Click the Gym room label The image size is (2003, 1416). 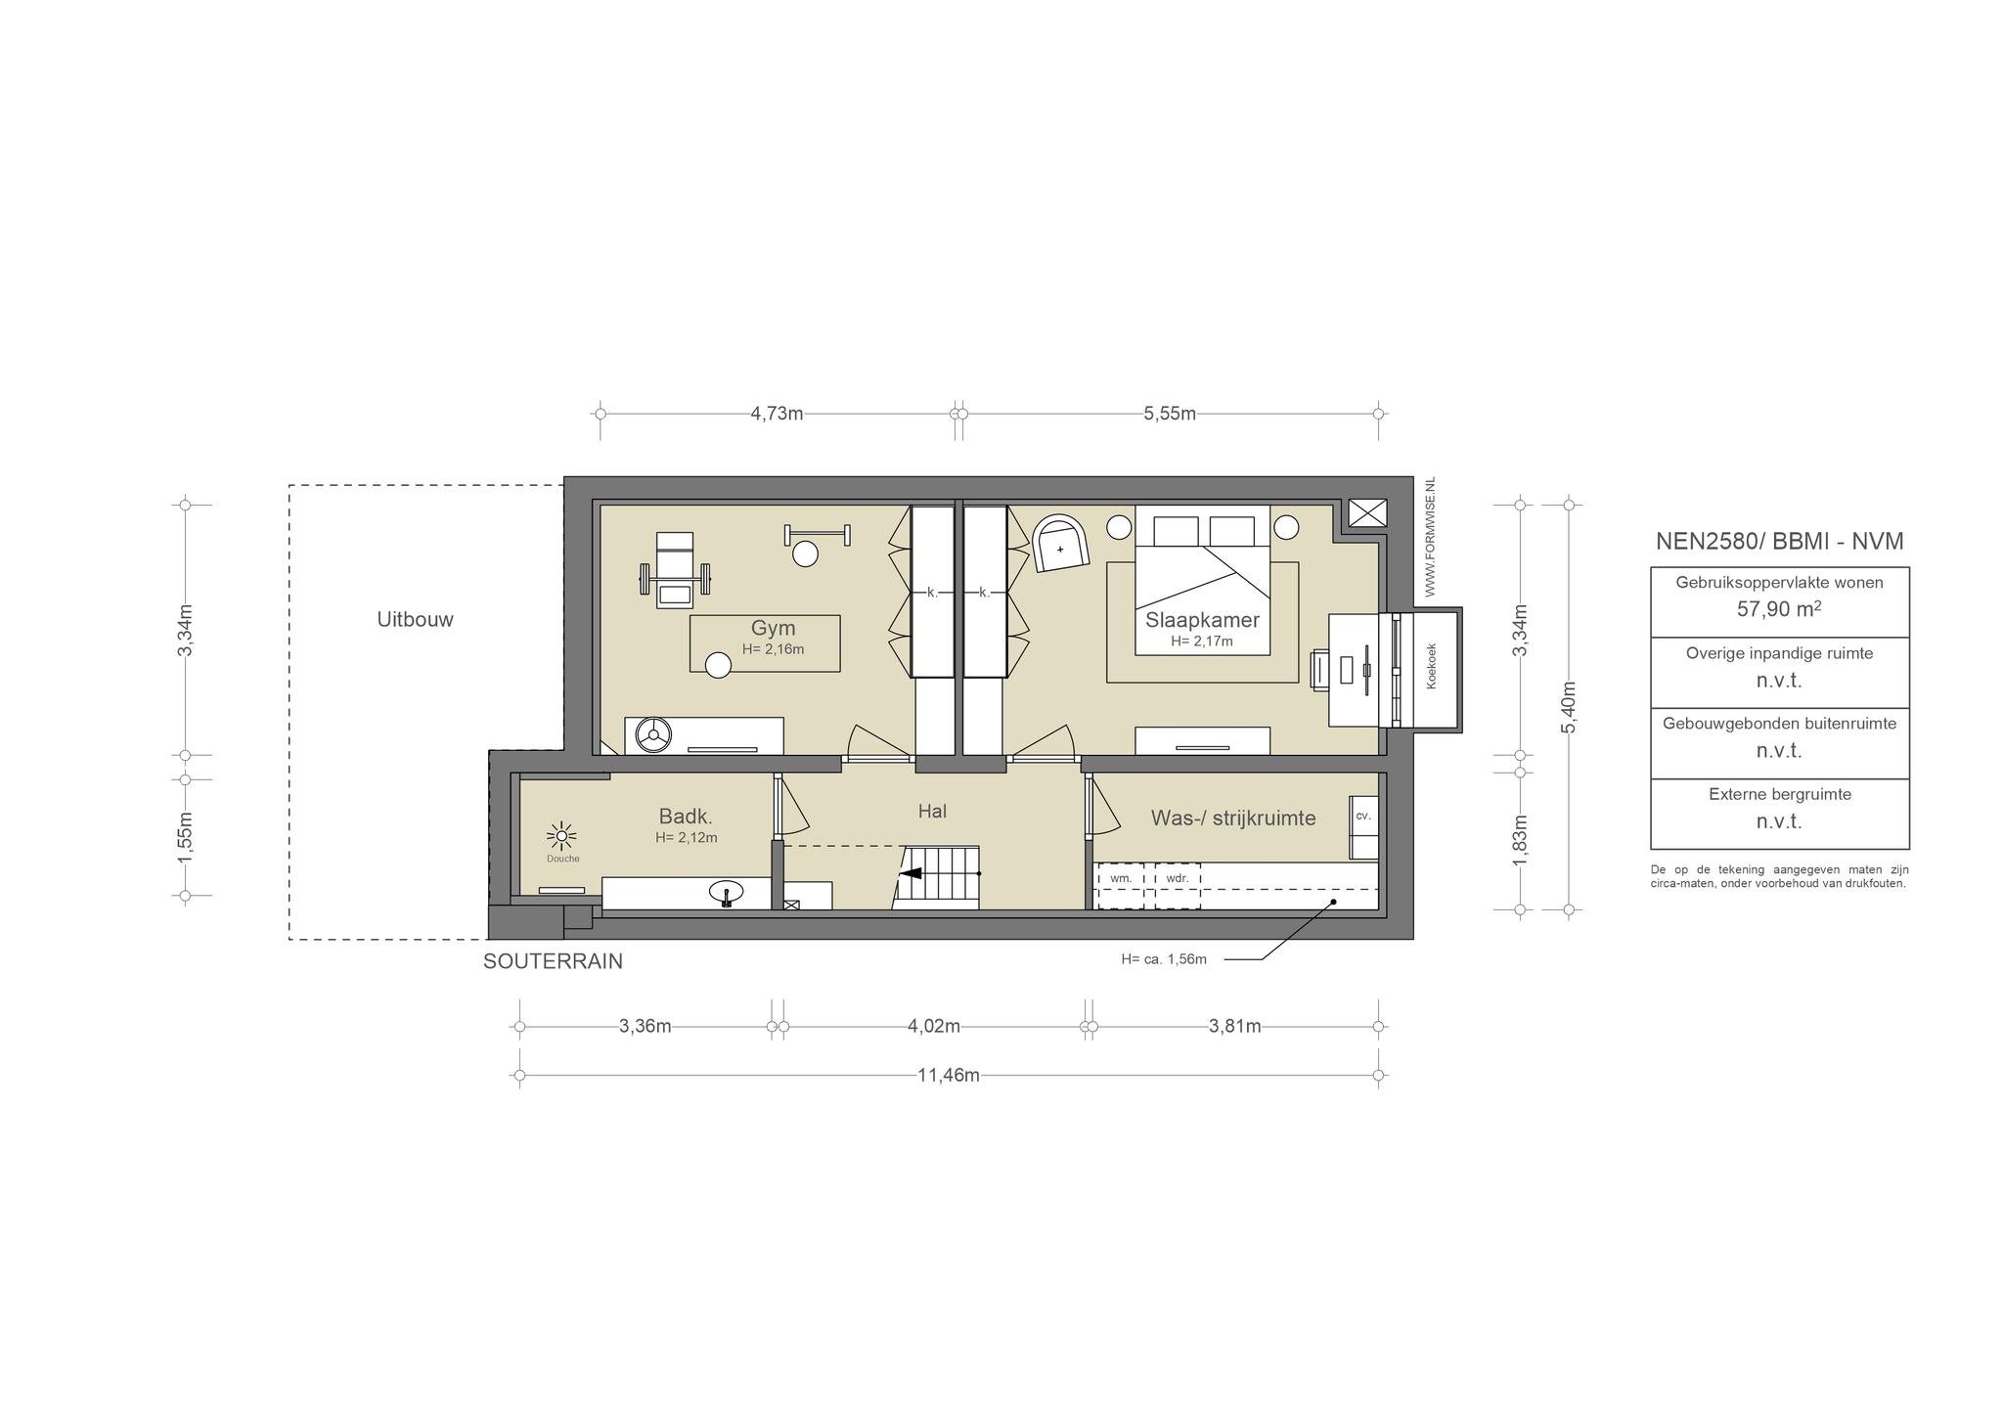point(773,628)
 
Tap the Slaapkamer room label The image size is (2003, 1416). point(1202,620)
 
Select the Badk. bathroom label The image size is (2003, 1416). point(686,817)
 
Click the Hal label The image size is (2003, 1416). point(932,811)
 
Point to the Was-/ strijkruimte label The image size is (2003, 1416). point(1232,818)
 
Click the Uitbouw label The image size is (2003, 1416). point(416,619)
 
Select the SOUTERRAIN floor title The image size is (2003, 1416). point(553,961)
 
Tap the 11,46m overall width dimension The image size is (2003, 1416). point(948,1076)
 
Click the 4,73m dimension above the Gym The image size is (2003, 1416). point(777,414)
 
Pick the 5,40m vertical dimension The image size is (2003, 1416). point(1568,707)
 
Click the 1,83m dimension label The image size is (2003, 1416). point(1519,840)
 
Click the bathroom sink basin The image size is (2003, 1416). point(726,893)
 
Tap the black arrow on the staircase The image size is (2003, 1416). point(911,873)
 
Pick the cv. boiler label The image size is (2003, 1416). point(1363,816)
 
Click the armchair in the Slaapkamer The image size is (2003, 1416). point(1060,544)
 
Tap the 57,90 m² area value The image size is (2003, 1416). point(1779,609)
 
